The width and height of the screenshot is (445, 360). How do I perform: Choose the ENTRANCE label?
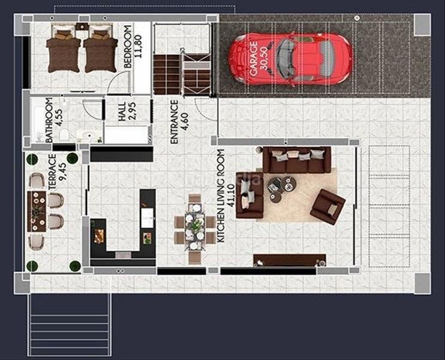point(174,121)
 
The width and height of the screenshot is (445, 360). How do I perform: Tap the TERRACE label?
point(52,171)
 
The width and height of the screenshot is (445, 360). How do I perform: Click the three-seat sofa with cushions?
point(297,160)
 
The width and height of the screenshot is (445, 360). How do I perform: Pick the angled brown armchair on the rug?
point(327,206)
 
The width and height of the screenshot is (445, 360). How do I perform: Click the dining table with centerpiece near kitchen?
point(195,229)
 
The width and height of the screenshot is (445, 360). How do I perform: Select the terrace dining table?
point(38,211)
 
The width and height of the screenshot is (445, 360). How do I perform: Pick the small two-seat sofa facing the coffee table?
point(248,196)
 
